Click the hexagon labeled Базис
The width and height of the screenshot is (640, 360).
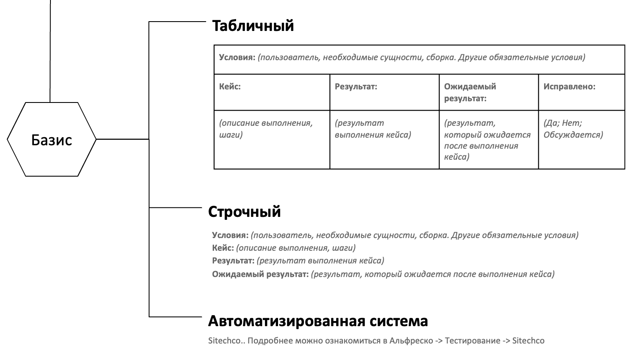point(52,139)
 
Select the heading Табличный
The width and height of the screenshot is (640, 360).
point(253,26)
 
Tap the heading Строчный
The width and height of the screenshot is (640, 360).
point(244,211)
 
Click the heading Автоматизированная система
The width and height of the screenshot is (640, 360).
point(317,321)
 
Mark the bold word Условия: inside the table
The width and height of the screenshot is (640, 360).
point(237,57)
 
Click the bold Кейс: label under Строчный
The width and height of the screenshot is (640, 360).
point(223,248)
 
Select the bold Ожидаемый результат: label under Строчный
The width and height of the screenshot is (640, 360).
point(260,274)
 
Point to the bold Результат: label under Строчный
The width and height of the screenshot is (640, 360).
point(233,260)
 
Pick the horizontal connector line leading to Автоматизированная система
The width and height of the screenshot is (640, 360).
point(175,316)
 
